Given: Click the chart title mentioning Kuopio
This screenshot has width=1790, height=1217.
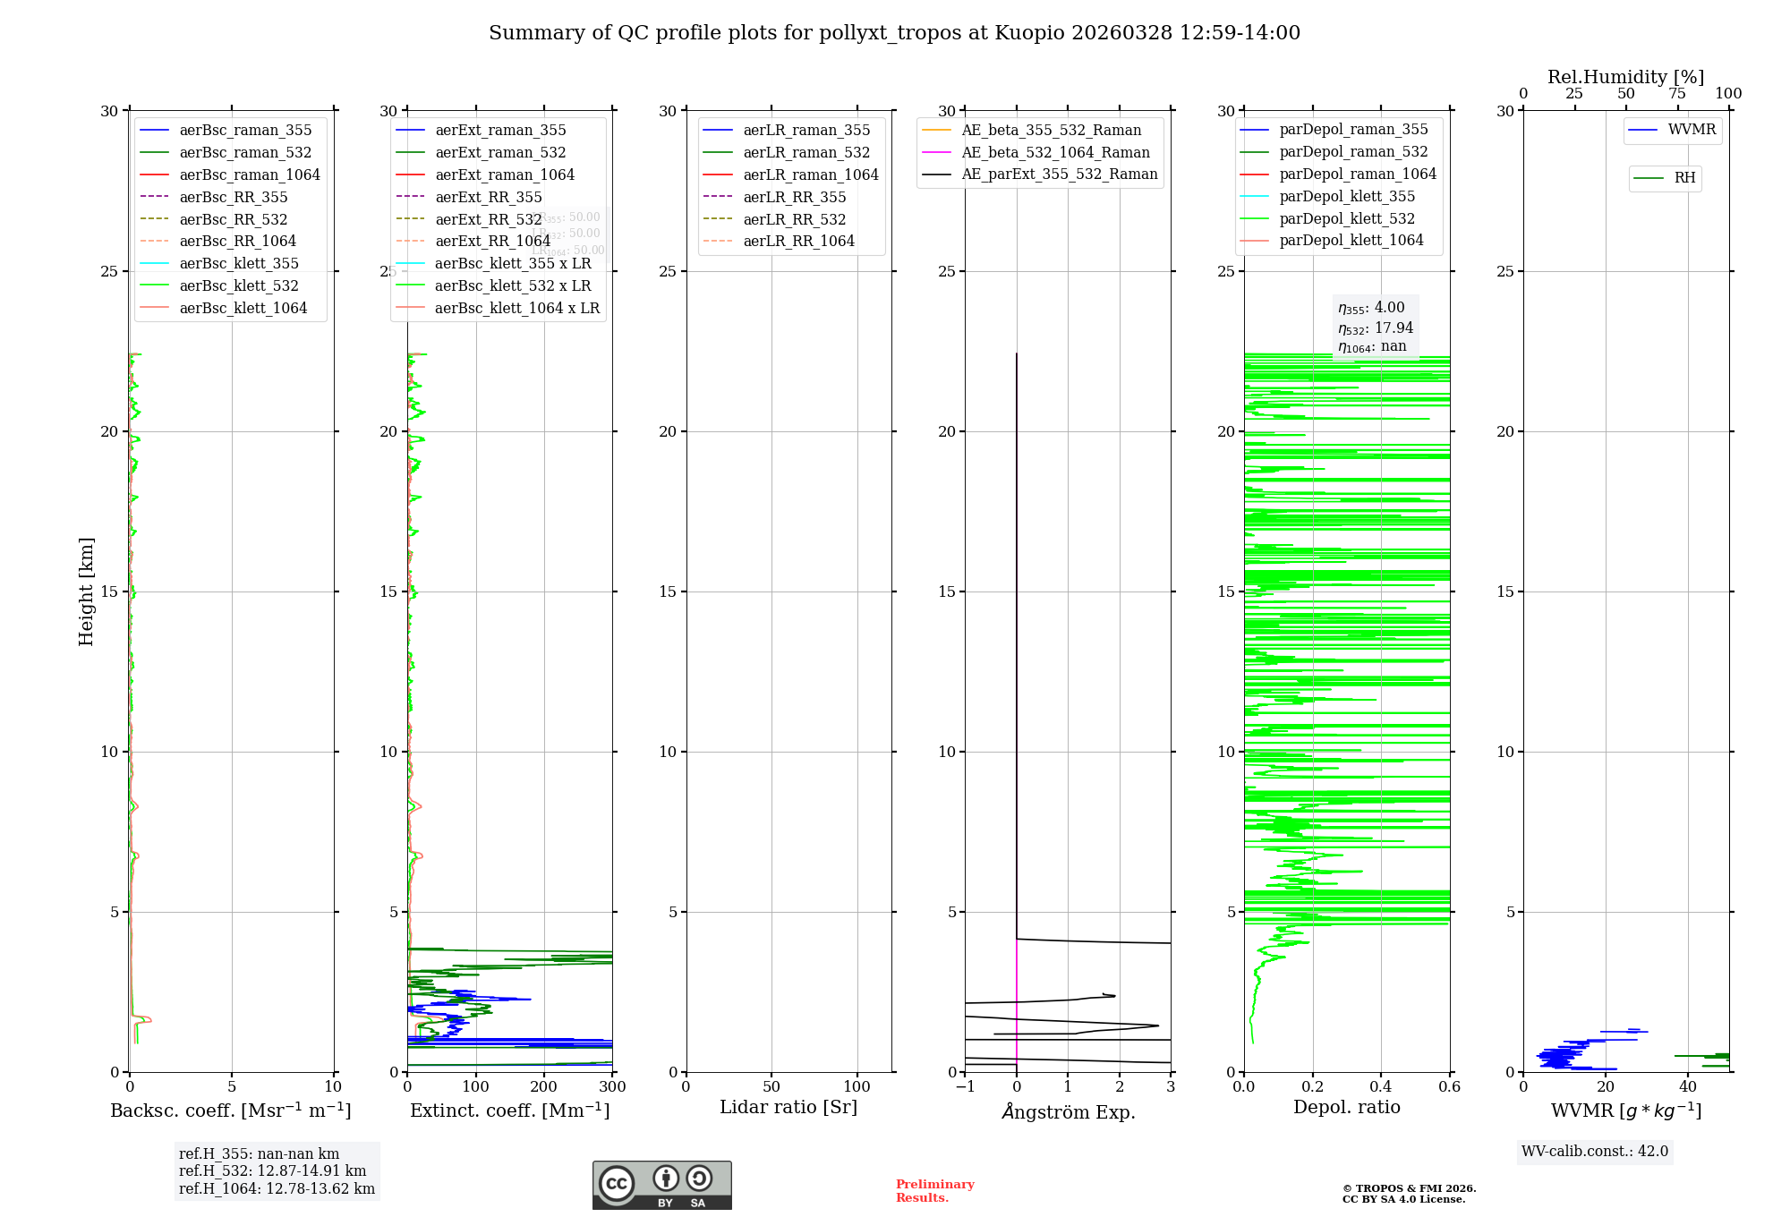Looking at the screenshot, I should (894, 33).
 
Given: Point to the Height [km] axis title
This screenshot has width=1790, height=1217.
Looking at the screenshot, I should (86, 591).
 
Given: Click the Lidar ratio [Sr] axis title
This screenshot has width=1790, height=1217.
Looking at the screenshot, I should (788, 1107).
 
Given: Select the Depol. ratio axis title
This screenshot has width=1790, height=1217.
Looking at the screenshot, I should (1346, 1107).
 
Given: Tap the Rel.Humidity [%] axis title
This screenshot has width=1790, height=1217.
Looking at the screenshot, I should (1625, 77).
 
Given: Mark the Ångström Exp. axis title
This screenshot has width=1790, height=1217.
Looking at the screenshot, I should (1068, 1111).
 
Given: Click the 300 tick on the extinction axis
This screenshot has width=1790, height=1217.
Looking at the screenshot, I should (612, 1087).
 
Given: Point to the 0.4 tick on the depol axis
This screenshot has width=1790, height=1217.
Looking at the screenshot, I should (1381, 1087).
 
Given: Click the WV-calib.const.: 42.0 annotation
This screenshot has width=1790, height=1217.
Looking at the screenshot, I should (1594, 1151).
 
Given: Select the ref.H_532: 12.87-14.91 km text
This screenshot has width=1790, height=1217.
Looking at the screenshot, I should (272, 1170).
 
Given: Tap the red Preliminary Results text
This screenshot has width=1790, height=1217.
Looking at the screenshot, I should (934, 1191).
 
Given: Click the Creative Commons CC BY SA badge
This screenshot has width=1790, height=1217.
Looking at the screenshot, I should (661, 1185).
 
